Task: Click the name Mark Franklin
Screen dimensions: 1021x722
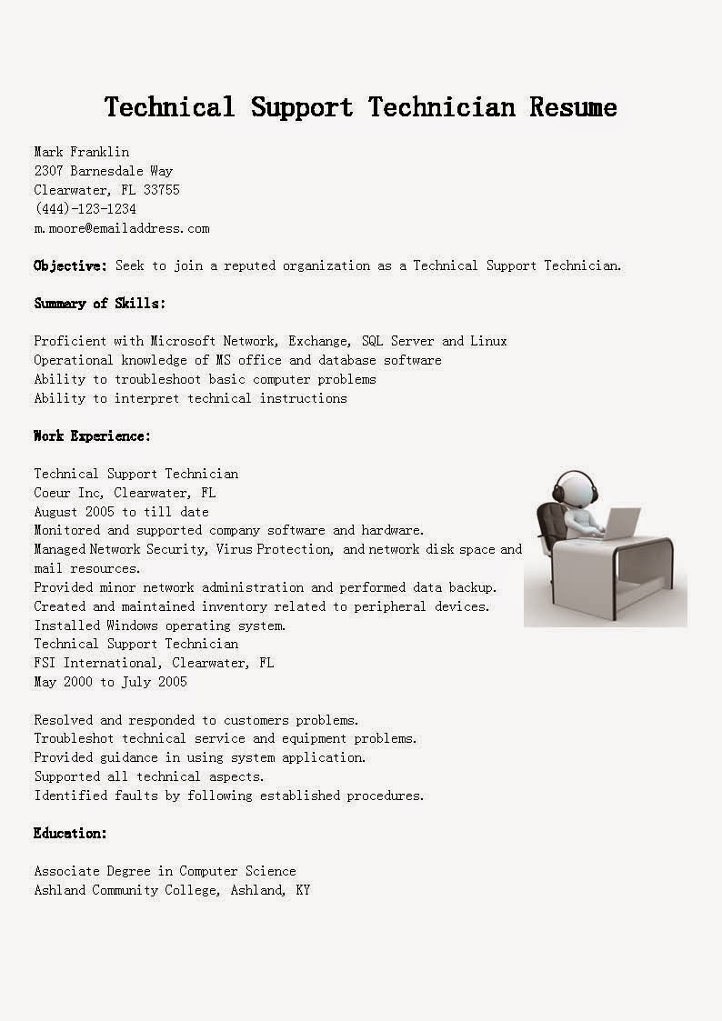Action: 82,152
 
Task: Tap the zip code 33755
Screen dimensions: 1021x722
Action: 161,190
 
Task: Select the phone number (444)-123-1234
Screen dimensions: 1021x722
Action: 85,209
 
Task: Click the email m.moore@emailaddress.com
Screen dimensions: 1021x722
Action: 122,228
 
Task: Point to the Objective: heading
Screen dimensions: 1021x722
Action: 71,265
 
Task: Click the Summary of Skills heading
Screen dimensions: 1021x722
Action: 100,304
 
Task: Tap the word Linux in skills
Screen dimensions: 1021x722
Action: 488,341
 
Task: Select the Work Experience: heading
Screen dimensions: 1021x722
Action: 93,436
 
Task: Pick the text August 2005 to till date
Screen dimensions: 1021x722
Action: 122,512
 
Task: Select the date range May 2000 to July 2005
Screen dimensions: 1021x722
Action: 111,682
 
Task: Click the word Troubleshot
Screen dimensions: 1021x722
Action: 75,738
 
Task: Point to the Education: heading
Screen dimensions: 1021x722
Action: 71,834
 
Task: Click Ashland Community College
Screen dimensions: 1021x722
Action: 125,890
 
